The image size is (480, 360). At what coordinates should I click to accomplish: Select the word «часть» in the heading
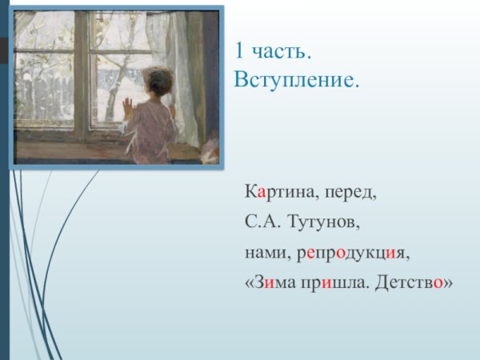tap(280, 53)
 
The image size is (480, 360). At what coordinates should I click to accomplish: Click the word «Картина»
tap(277, 193)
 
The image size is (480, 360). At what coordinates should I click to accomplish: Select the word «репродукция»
tap(353, 254)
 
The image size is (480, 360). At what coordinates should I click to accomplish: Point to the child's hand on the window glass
tap(126, 103)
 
